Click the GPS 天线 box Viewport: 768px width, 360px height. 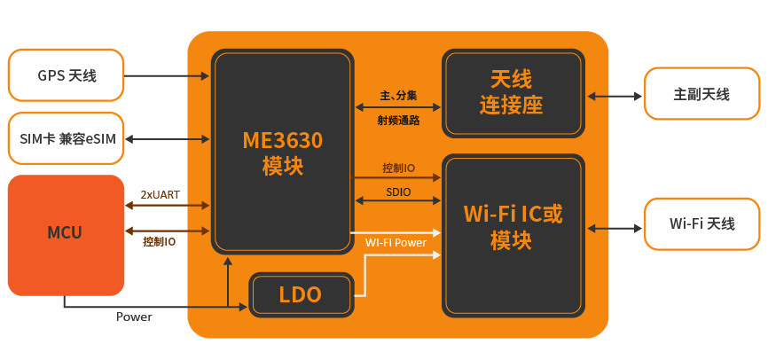[x=66, y=75]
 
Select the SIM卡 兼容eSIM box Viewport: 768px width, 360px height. [x=66, y=138]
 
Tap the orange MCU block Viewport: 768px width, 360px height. [x=66, y=235]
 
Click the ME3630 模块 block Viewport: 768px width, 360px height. [x=283, y=152]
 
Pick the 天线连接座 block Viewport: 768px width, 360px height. [x=513, y=93]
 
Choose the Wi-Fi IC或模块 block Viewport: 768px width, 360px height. [x=513, y=236]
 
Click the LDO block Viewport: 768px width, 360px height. [x=301, y=295]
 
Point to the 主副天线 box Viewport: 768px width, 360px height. [x=701, y=94]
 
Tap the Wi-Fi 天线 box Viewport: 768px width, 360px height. [x=701, y=223]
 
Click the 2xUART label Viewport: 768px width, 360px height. [x=160, y=195]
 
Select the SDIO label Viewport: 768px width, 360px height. [x=398, y=192]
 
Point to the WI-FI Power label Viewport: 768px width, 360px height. [x=396, y=242]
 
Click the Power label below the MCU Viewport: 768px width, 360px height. [x=134, y=317]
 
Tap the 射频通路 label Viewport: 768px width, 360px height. [x=398, y=121]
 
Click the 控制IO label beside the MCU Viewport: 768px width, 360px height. [x=159, y=241]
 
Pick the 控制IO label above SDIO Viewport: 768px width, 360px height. [x=398, y=168]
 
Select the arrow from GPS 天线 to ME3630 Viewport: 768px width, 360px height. [x=167, y=76]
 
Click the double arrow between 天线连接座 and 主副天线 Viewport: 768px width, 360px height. [x=615, y=96]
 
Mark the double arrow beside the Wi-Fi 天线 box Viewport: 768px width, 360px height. [x=615, y=228]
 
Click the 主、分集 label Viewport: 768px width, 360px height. [x=398, y=96]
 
